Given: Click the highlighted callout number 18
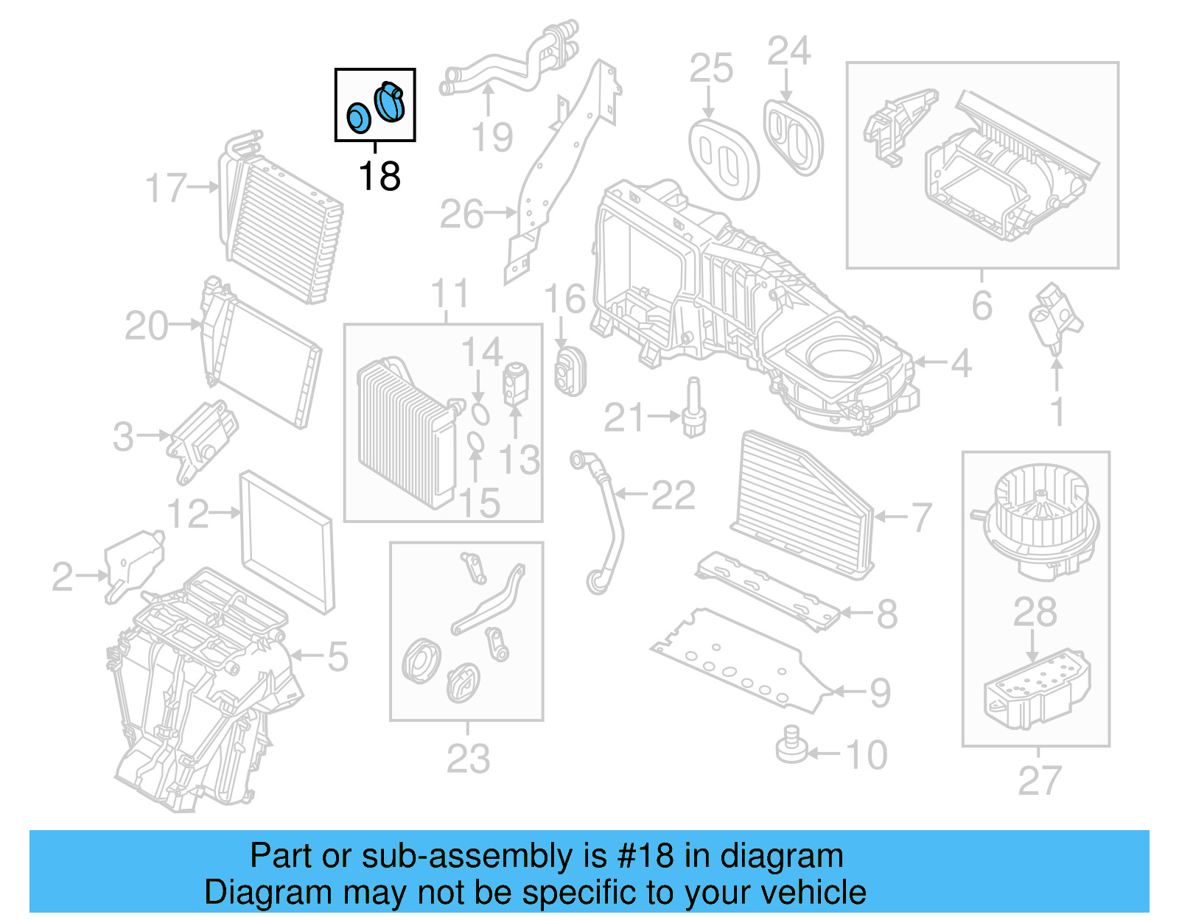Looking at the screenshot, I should [379, 177].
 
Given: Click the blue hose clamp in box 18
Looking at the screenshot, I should [390, 102].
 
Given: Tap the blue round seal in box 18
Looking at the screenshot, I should [359, 119].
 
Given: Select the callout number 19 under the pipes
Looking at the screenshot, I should [492, 138].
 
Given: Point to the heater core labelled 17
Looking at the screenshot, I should [280, 221].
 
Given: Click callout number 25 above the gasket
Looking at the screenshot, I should [711, 69].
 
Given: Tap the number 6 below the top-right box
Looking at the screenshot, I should [982, 305].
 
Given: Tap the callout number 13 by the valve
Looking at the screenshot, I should [519, 460].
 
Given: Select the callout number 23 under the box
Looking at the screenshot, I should [468, 759].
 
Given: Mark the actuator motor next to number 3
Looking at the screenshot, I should [200, 440].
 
